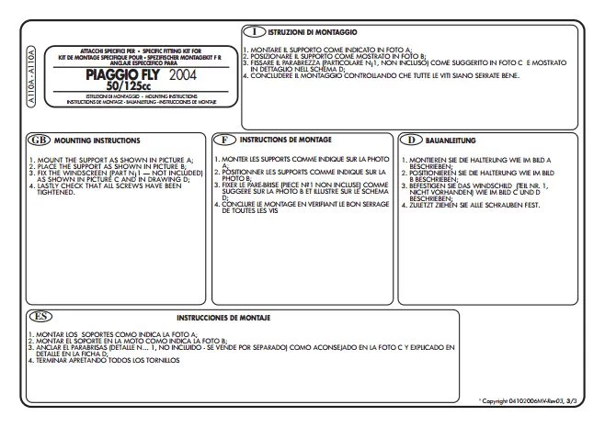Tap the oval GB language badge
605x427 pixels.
pos(38,140)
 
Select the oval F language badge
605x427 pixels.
pos(225,140)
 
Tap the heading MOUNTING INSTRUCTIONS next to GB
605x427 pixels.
pos(97,141)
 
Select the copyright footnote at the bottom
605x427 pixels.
pos(531,401)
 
